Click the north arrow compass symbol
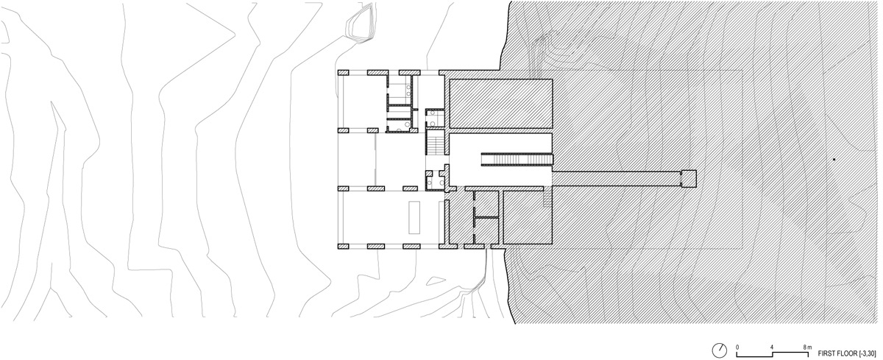[x=719, y=348]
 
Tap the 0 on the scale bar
[x=738, y=345]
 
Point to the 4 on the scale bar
[x=772, y=345]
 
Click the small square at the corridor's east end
[x=688, y=177]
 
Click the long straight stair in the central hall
[x=517, y=158]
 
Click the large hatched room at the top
[x=500, y=103]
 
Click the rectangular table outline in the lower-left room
[x=414, y=215]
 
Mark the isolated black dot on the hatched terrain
[x=834, y=159]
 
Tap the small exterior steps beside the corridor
[x=547, y=198]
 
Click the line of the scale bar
[x=772, y=351]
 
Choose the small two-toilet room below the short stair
[x=435, y=178]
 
